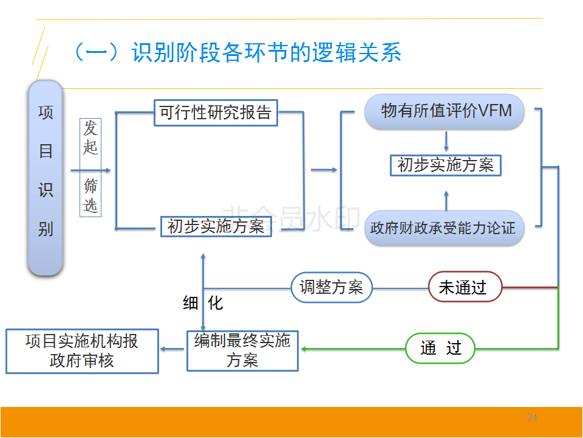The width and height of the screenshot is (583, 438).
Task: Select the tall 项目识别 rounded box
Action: click(x=46, y=178)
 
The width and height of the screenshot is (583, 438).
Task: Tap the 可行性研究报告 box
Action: click(x=216, y=113)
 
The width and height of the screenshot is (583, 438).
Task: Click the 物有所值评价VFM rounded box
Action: click(x=445, y=111)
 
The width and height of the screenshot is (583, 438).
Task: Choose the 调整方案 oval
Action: click(x=332, y=287)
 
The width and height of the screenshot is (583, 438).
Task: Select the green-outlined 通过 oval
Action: click(x=441, y=348)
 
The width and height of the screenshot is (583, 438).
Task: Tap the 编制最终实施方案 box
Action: click(x=242, y=350)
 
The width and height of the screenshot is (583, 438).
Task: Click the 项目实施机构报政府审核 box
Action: click(x=82, y=350)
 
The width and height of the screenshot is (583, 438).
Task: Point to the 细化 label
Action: click(x=203, y=302)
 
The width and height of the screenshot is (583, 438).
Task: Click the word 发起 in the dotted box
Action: click(x=90, y=137)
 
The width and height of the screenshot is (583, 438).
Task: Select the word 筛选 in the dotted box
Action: click(x=90, y=195)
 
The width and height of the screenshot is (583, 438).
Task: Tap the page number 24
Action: click(x=531, y=417)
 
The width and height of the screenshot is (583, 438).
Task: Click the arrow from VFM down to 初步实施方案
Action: click(x=446, y=143)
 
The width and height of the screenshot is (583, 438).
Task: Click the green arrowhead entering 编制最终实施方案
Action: click(x=304, y=349)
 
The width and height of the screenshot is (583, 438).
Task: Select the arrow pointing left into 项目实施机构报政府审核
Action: click(x=172, y=349)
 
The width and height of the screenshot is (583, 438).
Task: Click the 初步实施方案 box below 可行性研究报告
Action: click(x=216, y=227)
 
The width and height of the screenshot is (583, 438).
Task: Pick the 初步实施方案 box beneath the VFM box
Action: click(x=446, y=165)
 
